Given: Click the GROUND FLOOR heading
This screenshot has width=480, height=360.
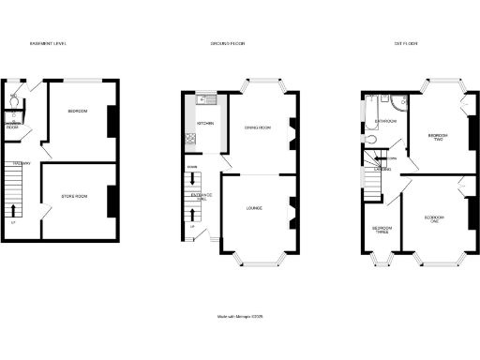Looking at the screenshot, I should click(227, 44).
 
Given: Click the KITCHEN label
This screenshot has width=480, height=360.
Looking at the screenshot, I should click(205, 123).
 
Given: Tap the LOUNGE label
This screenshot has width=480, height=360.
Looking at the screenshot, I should click(254, 207).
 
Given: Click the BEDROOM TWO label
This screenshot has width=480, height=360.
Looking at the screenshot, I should click(437, 137).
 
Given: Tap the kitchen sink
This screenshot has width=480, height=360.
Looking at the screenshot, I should click(207, 99).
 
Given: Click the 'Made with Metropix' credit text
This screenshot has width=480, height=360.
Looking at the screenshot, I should click(240, 316).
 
